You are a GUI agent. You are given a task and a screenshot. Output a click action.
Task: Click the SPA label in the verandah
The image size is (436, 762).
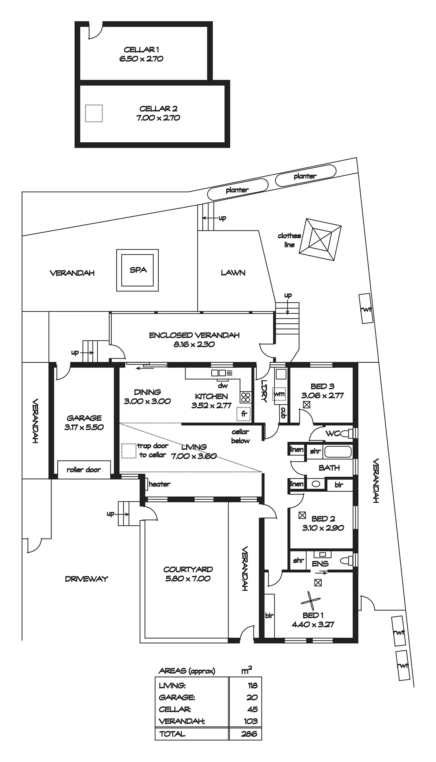[138, 270]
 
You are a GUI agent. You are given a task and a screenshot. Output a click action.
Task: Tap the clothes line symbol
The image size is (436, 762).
[320, 239]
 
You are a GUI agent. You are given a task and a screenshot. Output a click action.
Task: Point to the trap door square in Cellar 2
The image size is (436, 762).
[94, 113]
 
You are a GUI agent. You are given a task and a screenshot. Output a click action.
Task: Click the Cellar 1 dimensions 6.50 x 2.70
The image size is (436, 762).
[141, 59]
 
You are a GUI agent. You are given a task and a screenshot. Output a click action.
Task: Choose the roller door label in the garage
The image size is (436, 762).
[84, 470]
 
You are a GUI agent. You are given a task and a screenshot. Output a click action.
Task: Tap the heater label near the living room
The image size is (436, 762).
[159, 484]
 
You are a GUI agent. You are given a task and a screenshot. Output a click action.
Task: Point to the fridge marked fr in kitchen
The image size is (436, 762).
[243, 414]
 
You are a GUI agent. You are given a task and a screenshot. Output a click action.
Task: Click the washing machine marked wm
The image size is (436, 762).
[279, 394]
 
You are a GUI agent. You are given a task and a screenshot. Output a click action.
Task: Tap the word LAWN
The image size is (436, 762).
[233, 273]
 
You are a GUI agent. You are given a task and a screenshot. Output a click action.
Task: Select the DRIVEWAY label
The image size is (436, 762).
[87, 579]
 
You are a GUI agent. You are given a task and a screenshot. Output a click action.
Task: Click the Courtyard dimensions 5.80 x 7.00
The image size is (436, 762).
[188, 579]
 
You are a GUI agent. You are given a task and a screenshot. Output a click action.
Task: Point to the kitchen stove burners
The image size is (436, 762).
[246, 397]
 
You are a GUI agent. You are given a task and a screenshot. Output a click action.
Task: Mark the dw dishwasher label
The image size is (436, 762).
[223, 386]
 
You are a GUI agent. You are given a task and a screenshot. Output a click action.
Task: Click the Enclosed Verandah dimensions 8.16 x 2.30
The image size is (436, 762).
[194, 344]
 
